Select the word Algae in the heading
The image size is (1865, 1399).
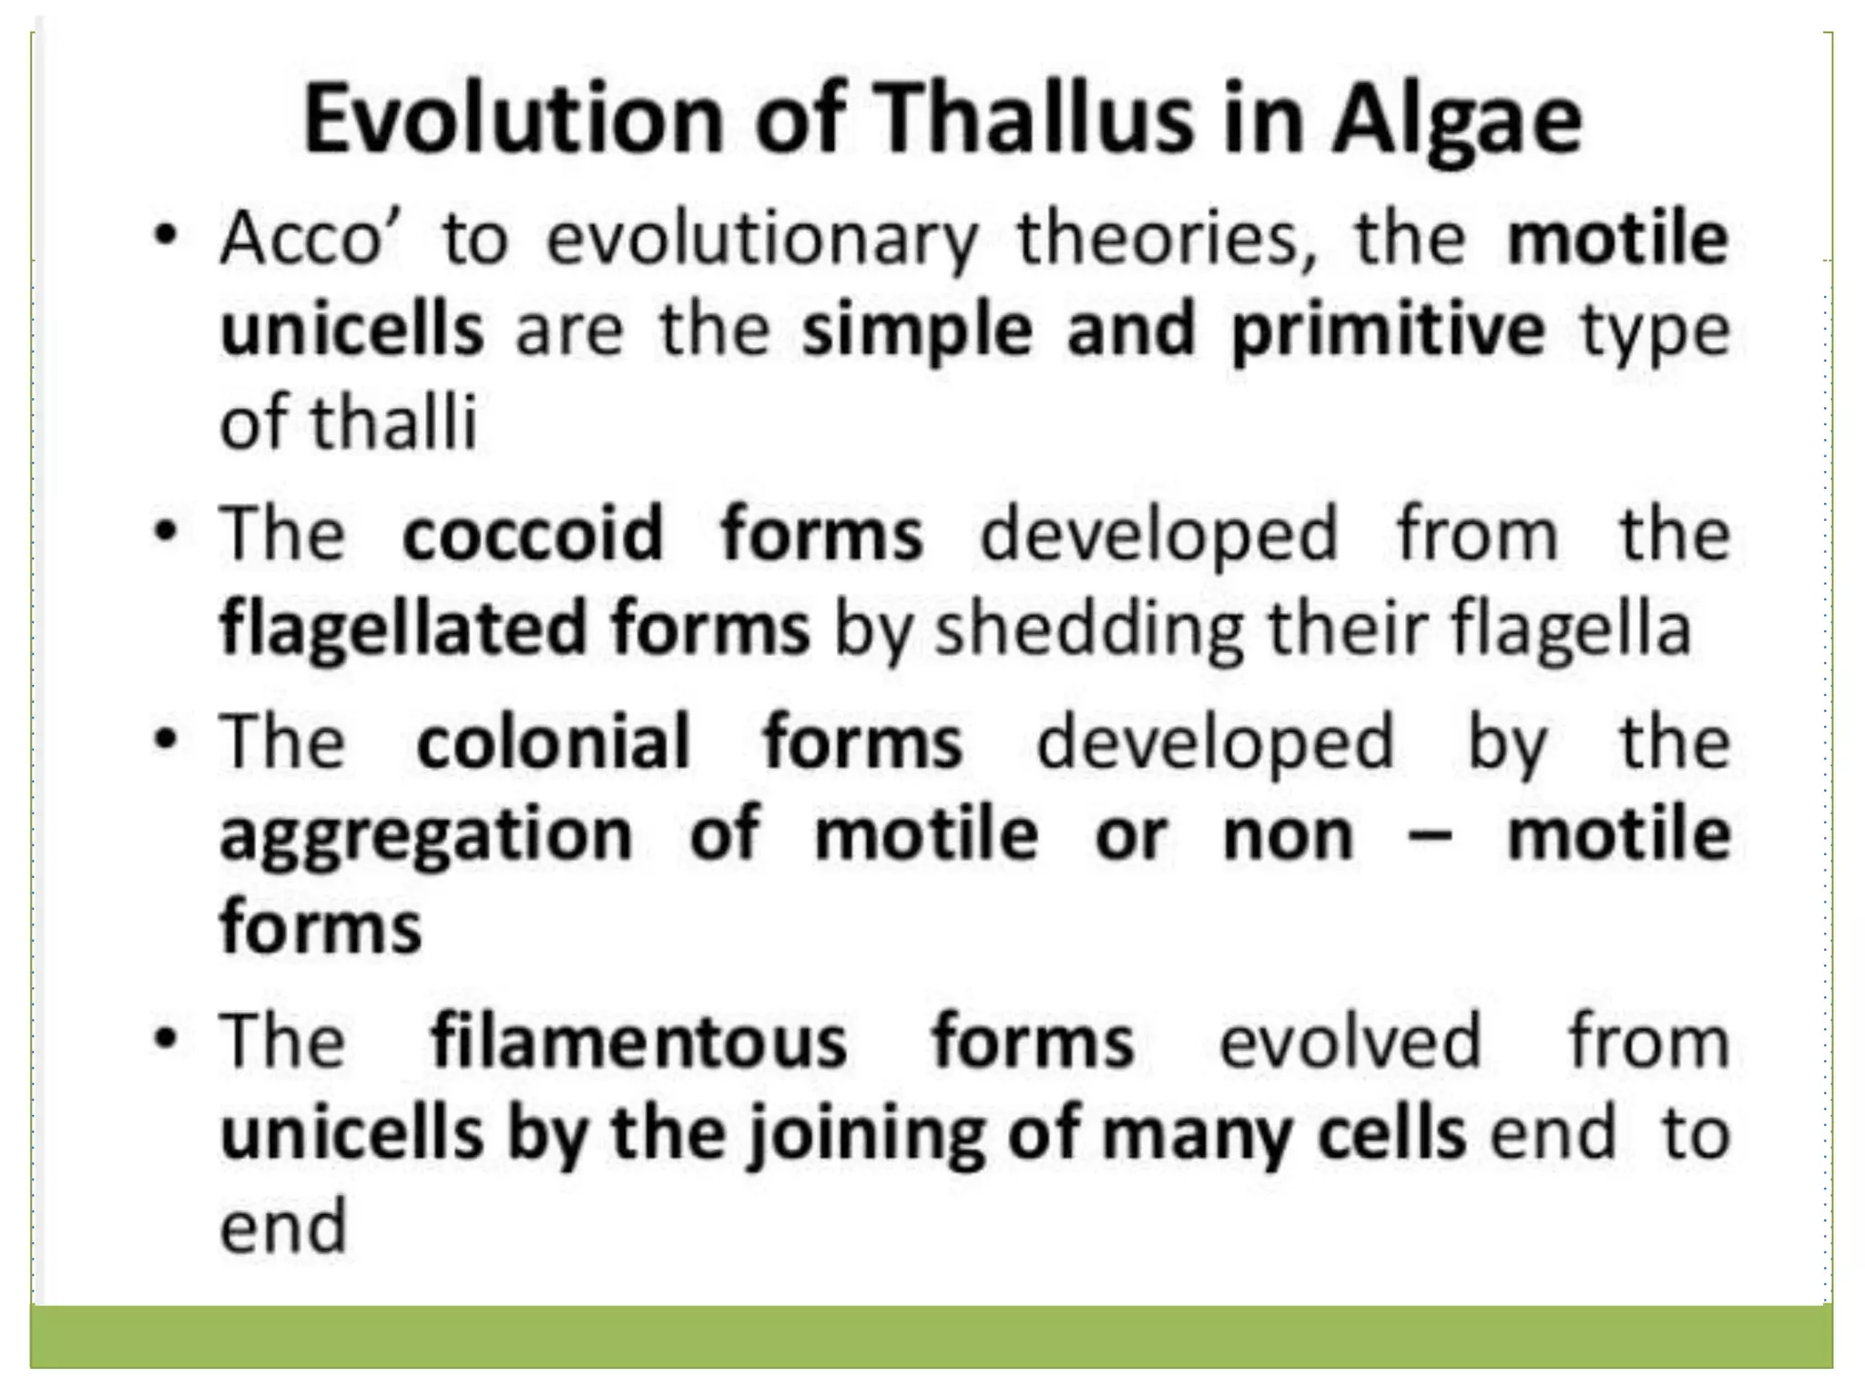(x=1457, y=119)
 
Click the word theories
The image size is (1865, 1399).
(x=1167, y=239)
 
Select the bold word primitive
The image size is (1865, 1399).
(x=1388, y=331)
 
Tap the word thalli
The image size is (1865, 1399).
(x=393, y=423)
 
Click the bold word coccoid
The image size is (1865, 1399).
(x=533, y=535)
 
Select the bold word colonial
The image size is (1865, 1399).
(x=553, y=741)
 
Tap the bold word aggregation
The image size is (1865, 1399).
(x=426, y=836)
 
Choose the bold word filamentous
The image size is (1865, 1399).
(x=638, y=1041)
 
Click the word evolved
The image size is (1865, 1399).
(x=1350, y=1041)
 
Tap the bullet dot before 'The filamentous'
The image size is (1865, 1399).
(x=165, y=1039)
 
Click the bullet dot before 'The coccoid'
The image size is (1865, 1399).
(x=165, y=533)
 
